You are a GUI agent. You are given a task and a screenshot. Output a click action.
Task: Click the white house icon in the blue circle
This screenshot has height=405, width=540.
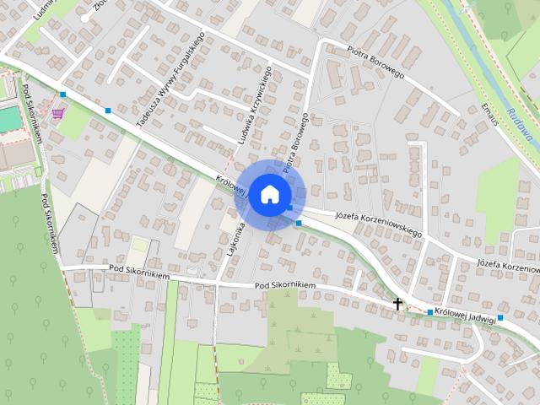(x=268, y=194)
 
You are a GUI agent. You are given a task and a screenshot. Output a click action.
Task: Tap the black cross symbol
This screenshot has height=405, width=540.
(x=397, y=302)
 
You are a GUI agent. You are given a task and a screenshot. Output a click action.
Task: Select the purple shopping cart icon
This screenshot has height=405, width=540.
(x=57, y=113)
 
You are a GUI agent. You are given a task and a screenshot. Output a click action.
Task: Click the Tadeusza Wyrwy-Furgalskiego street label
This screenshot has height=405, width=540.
(x=171, y=78)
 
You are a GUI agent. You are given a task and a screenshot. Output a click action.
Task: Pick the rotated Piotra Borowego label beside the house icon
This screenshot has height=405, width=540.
(x=292, y=146)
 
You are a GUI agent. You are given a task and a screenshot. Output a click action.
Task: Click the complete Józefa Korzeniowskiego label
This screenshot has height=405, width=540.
(x=378, y=222)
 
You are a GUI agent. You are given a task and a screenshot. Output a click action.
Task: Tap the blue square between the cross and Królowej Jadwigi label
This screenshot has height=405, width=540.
(x=429, y=313)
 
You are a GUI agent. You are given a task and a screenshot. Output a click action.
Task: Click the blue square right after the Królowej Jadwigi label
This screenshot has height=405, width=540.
(x=500, y=317)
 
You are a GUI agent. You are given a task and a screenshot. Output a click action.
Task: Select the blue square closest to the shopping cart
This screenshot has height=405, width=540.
(x=62, y=94)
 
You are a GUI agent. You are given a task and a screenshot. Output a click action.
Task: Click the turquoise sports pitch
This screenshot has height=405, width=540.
(x=8, y=119)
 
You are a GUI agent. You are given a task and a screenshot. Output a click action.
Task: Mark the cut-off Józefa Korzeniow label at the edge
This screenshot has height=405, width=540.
(x=508, y=264)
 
